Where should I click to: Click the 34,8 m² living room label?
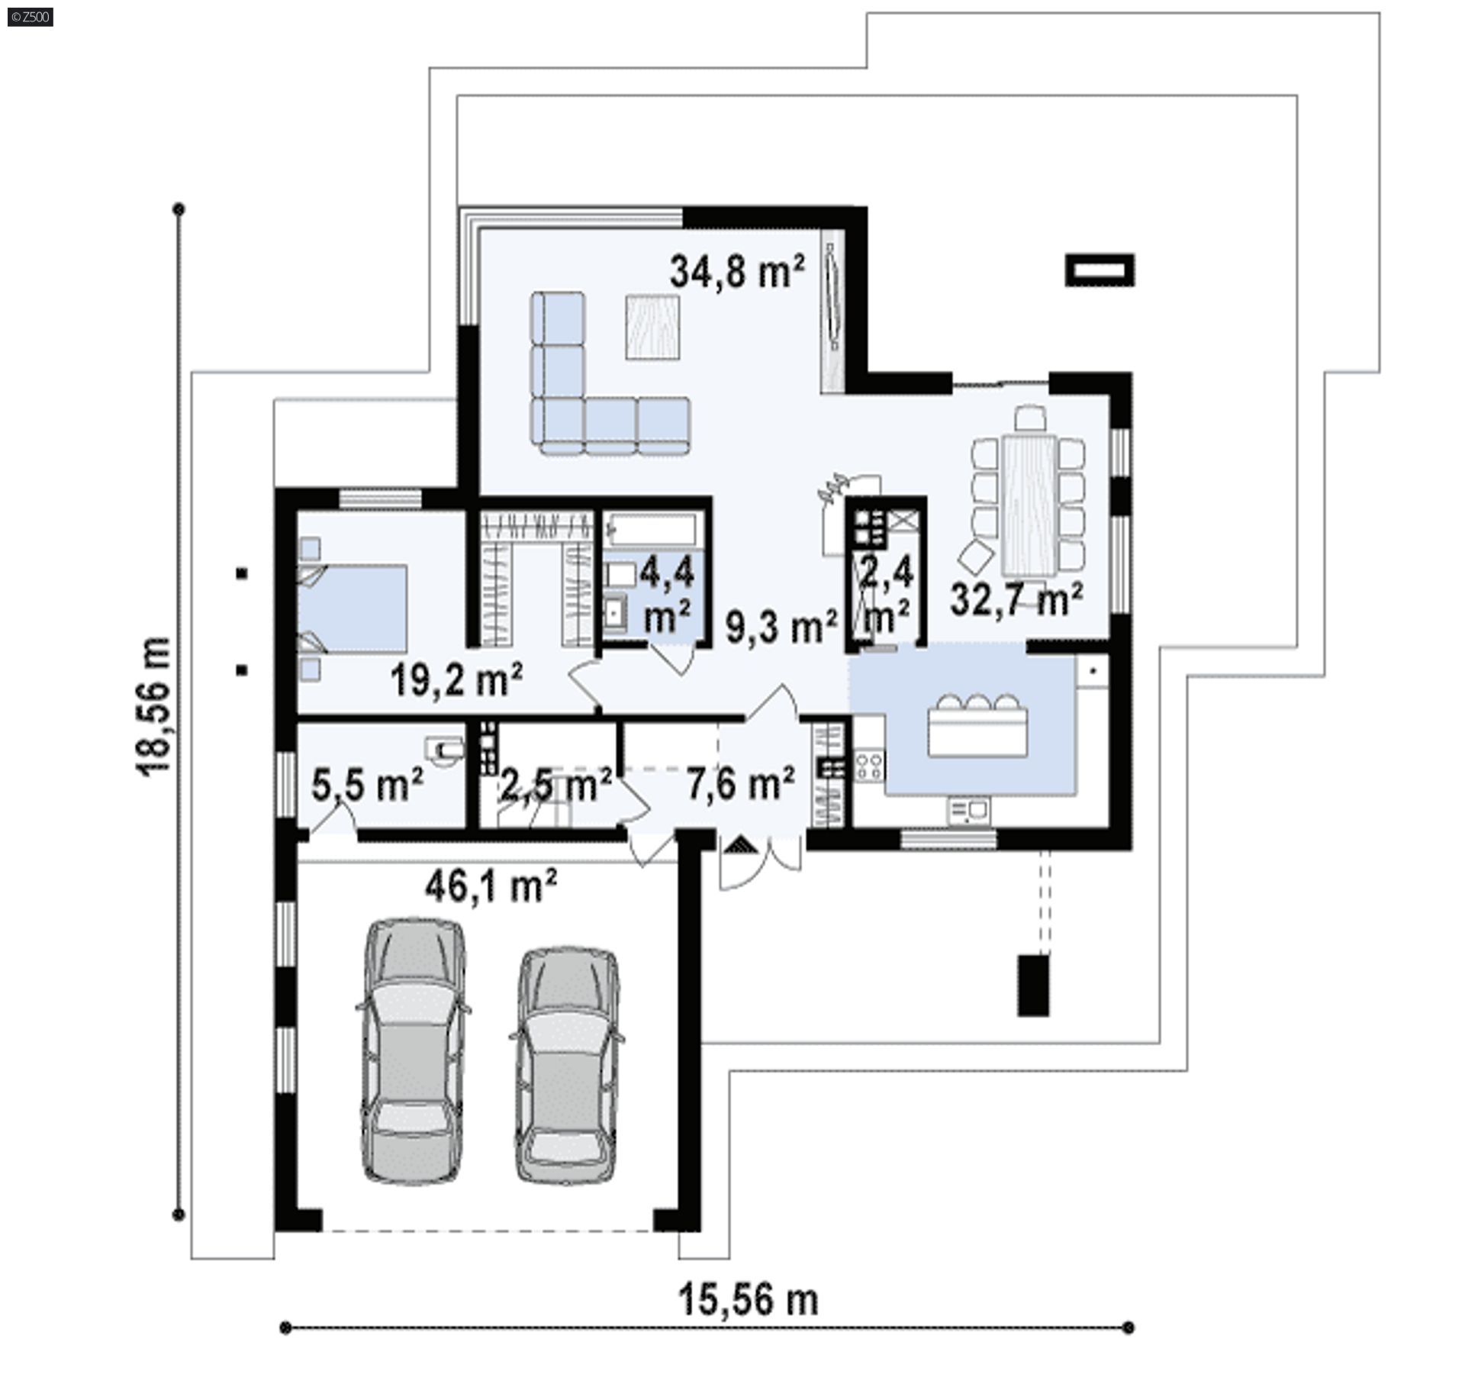[737, 273]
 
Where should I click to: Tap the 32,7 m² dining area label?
[1016, 599]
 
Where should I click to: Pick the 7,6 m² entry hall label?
[740, 783]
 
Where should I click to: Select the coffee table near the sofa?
[652, 327]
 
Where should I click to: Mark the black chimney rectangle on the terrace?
[1100, 270]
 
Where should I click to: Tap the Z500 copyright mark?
[29, 16]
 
